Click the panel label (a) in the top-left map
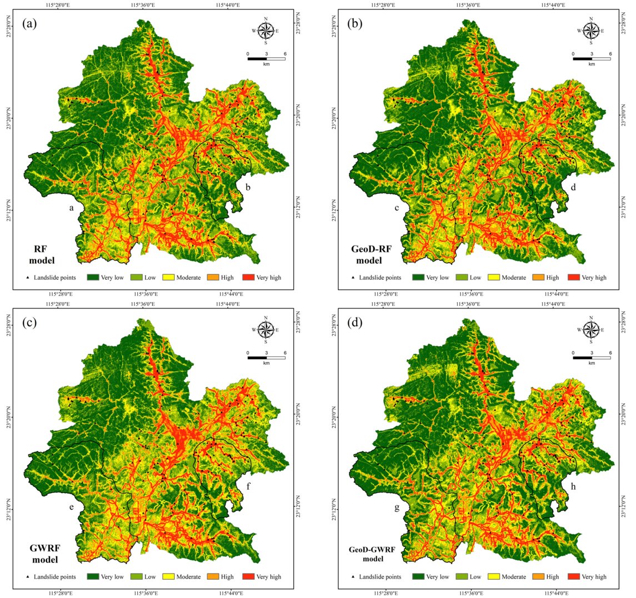(30, 24)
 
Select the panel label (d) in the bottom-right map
(354, 323)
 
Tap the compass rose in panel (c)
(266, 330)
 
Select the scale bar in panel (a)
(266, 58)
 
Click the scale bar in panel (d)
(591, 357)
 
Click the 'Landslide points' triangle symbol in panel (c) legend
(27, 576)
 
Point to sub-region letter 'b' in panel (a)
(248, 188)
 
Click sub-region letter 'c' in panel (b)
(397, 208)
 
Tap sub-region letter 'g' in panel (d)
(397, 507)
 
